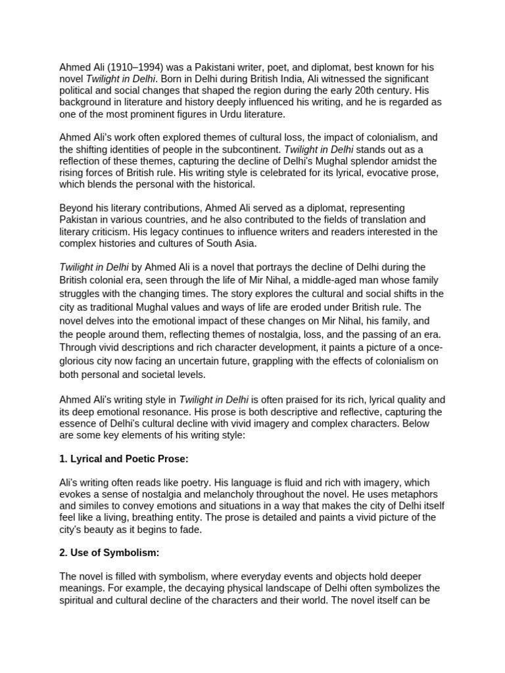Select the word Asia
coord(241,243)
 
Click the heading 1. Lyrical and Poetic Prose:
coord(124,458)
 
